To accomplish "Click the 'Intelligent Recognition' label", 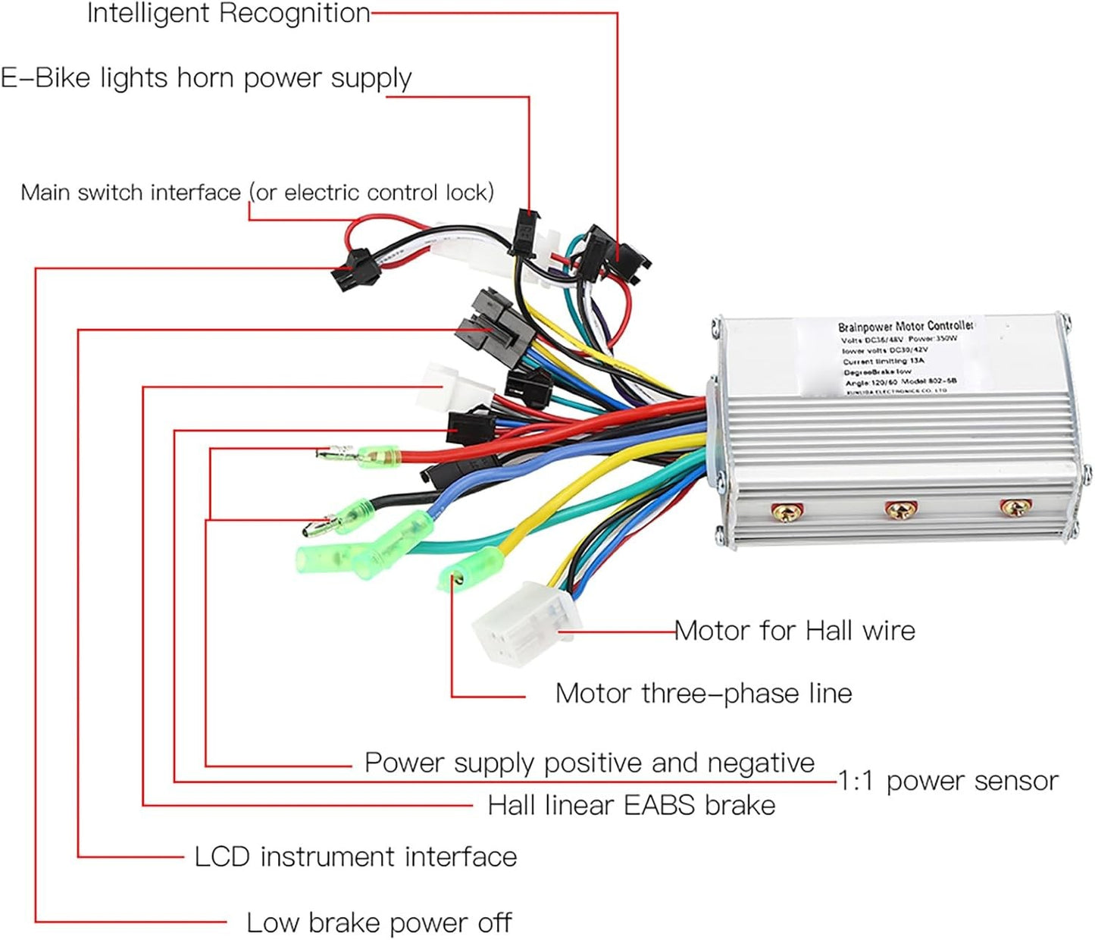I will pyautogui.click(x=228, y=14).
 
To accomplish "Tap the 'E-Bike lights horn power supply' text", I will pyautogui.click(x=205, y=78).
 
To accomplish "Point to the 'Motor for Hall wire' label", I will pyautogui.click(x=794, y=631).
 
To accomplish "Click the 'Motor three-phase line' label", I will pyautogui.click(x=703, y=694).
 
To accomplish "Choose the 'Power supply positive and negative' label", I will pyautogui.click(x=589, y=763).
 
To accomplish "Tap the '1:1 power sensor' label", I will pyautogui.click(x=947, y=781).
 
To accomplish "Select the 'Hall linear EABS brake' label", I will pyautogui.click(x=631, y=805).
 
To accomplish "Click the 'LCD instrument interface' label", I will pyautogui.click(x=355, y=857).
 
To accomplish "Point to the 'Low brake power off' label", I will pyautogui.click(x=379, y=923).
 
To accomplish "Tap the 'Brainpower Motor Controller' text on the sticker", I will pyautogui.click(x=905, y=327).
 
